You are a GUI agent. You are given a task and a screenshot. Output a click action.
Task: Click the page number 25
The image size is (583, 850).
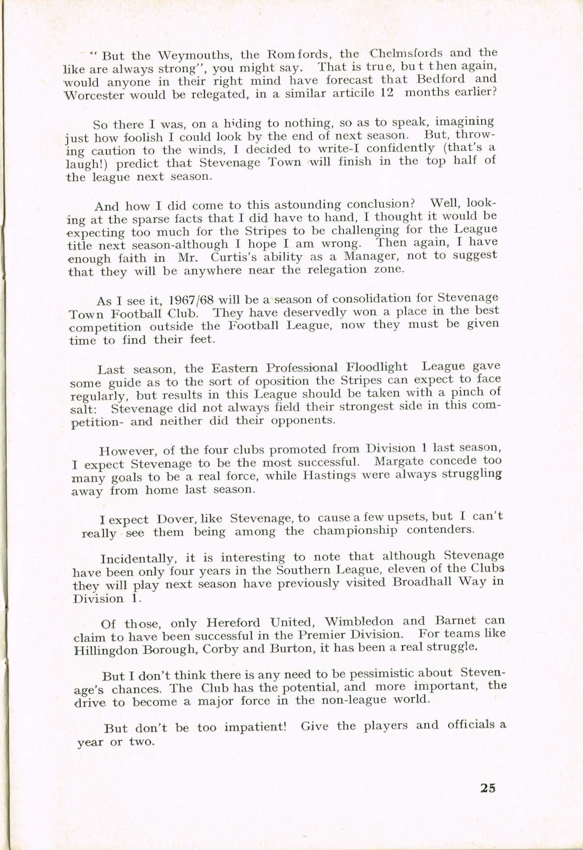pyautogui.click(x=488, y=788)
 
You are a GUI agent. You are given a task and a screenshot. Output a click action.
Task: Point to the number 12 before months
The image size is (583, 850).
pyautogui.click(x=387, y=93)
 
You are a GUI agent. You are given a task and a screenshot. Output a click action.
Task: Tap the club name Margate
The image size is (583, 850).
pyautogui.click(x=399, y=462)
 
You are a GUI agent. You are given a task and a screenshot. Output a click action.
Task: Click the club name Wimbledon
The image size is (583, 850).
pyautogui.click(x=359, y=622)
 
